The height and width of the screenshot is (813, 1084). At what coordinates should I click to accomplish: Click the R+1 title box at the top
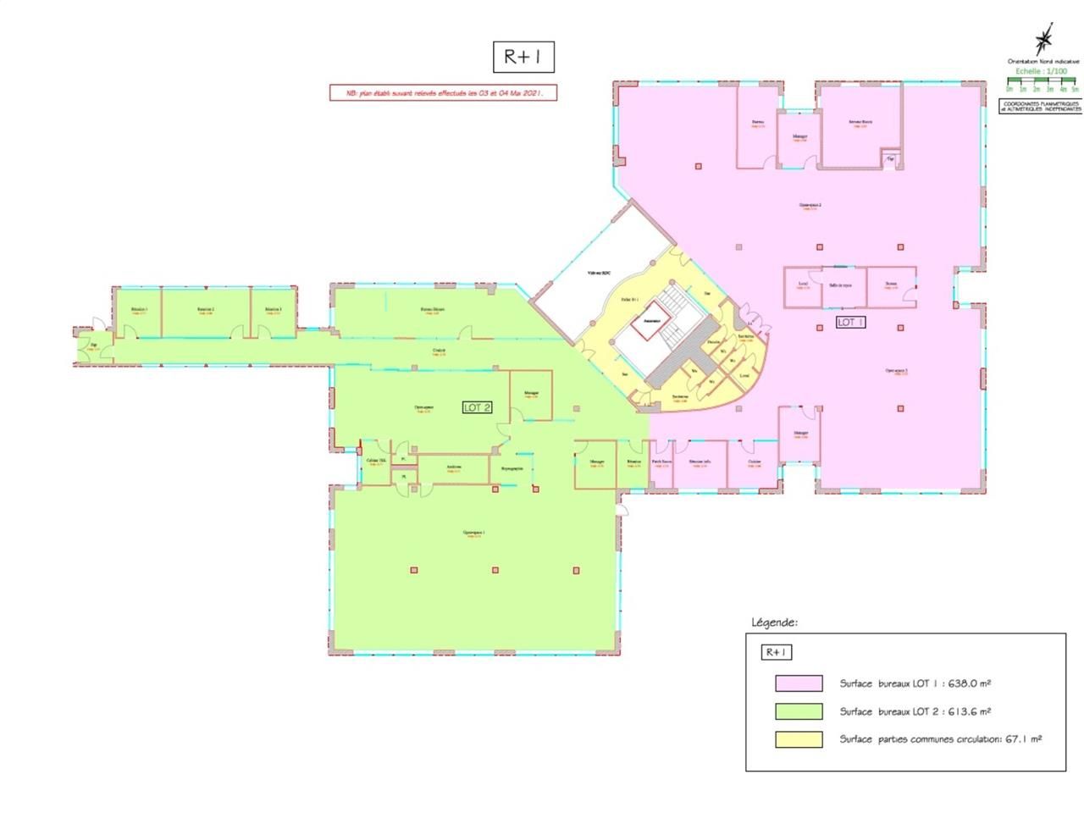(523, 57)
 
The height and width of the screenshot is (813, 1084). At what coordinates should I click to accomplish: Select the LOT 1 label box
(849, 322)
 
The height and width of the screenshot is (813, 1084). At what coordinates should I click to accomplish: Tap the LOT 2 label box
(478, 407)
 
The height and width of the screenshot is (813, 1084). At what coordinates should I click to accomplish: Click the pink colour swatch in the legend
(798, 683)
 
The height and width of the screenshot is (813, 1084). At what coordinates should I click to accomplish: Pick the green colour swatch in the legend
(798, 711)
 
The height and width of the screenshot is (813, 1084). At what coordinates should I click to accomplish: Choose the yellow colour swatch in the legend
(798, 739)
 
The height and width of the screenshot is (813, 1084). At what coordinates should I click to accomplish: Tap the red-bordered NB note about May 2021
(442, 93)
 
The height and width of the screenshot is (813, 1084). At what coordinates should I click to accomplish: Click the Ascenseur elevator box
(650, 323)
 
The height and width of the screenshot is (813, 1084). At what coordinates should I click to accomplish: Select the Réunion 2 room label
(205, 310)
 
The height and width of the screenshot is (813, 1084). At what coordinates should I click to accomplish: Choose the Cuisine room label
(755, 462)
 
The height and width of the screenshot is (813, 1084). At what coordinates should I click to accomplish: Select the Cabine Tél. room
(375, 462)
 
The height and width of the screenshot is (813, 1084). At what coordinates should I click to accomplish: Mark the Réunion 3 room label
(273, 310)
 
